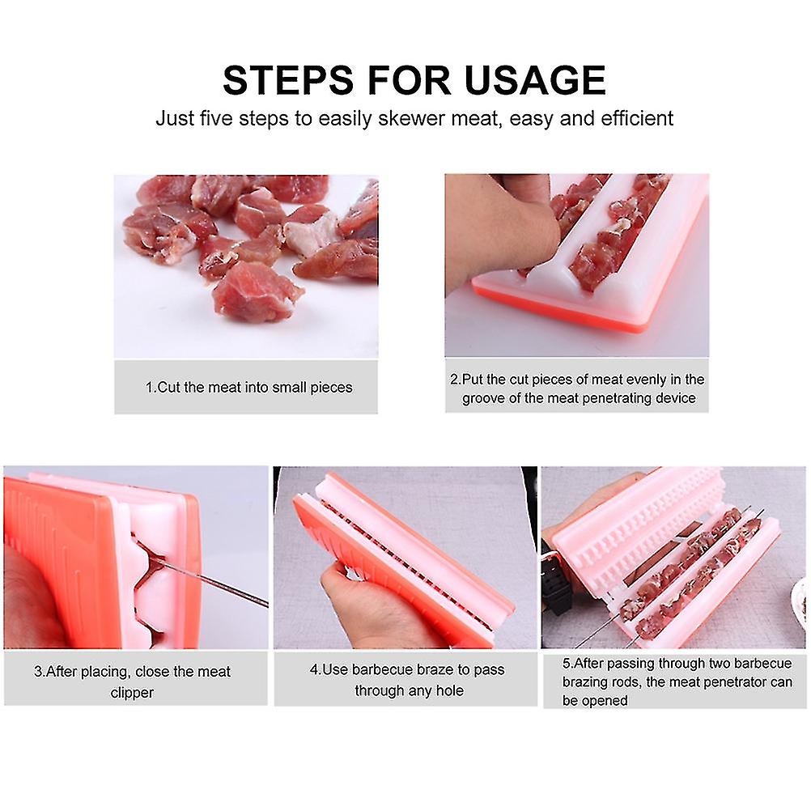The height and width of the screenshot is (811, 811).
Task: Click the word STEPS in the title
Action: point(289,80)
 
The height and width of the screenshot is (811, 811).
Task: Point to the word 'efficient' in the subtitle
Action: point(637,118)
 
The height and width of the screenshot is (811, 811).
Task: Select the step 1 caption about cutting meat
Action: point(248,387)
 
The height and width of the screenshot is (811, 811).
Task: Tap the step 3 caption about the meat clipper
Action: point(132,681)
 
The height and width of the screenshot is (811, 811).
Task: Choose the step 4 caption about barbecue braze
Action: point(408,680)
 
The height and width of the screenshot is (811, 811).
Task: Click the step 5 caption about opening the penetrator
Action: point(677,681)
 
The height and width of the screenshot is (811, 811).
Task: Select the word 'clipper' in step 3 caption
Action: point(132,693)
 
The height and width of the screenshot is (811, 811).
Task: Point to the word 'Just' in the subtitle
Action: point(173,118)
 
